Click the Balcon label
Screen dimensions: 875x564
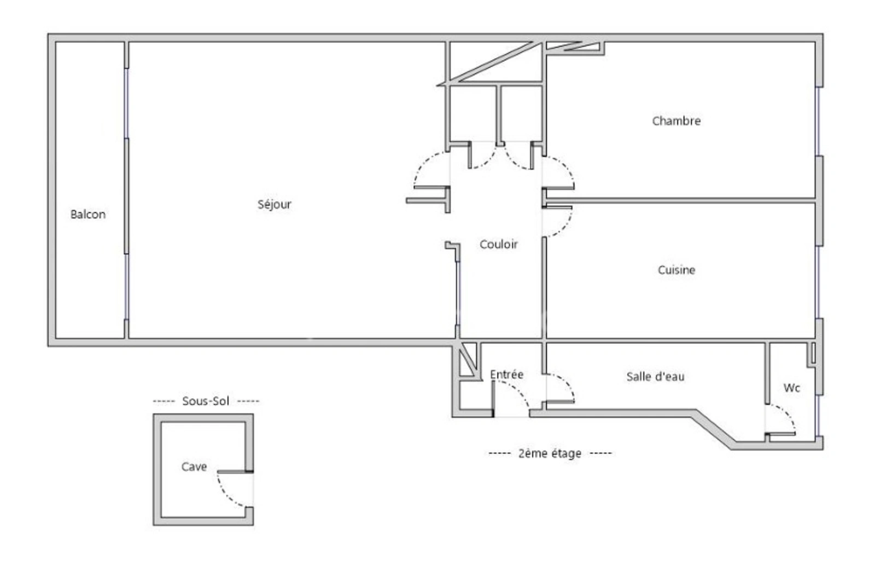point(88,214)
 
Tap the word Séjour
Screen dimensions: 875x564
point(274,204)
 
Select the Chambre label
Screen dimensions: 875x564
point(676,121)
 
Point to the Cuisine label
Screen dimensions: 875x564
point(676,270)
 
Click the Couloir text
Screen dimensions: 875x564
point(498,244)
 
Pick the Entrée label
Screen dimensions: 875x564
point(506,375)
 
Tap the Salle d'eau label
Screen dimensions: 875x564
point(655,377)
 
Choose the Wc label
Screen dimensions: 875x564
point(792,388)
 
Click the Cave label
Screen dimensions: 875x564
point(194,467)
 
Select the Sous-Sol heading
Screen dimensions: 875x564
point(206,401)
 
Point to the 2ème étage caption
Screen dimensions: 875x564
point(550,453)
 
